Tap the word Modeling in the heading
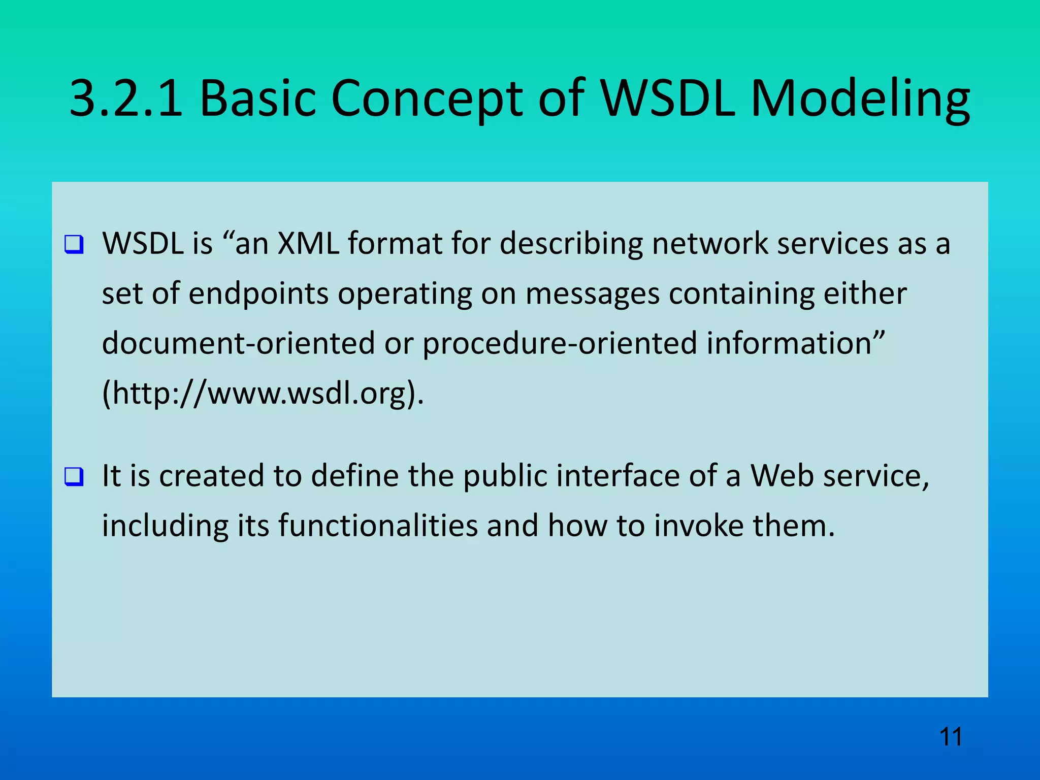(x=860, y=99)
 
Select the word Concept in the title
(x=427, y=99)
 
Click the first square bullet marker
(x=74, y=245)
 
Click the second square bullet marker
(x=74, y=477)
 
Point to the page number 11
(x=951, y=737)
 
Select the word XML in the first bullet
(x=308, y=243)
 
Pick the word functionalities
(x=378, y=526)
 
